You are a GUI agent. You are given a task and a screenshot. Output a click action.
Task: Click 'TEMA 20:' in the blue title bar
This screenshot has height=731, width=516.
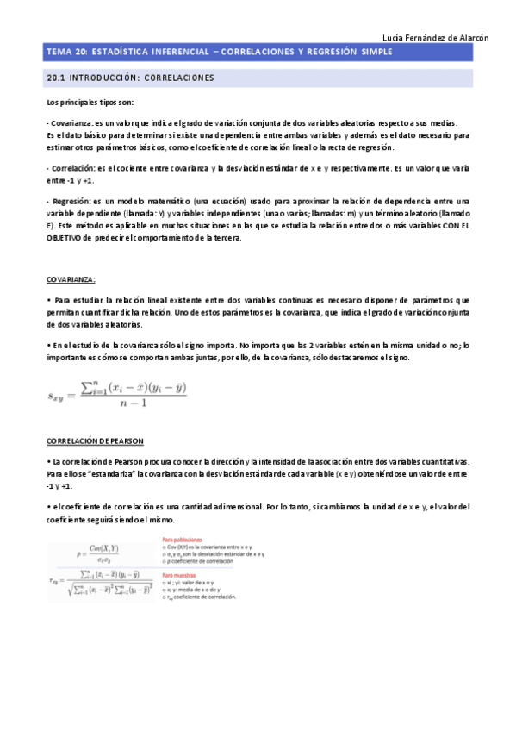pyautogui.click(x=65, y=53)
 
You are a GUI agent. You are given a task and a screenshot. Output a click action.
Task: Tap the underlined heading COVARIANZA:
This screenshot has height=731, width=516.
pyautogui.click(x=71, y=279)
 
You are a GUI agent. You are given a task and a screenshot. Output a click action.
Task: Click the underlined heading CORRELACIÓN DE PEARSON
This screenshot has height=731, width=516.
pyautogui.click(x=95, y=440)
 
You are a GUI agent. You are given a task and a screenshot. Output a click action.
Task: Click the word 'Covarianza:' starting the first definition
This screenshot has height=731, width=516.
pyautogui.click(x=71, y=123)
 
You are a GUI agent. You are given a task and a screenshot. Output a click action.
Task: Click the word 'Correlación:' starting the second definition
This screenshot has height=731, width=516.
pyautogui.click(x=72, y=168)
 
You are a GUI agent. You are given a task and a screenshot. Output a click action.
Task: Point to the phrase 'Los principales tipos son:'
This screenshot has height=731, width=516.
pyautogui.click(x=84, y=103)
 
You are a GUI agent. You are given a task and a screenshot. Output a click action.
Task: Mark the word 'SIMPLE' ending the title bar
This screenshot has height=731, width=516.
pyautogui.click(x=374, y=53)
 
